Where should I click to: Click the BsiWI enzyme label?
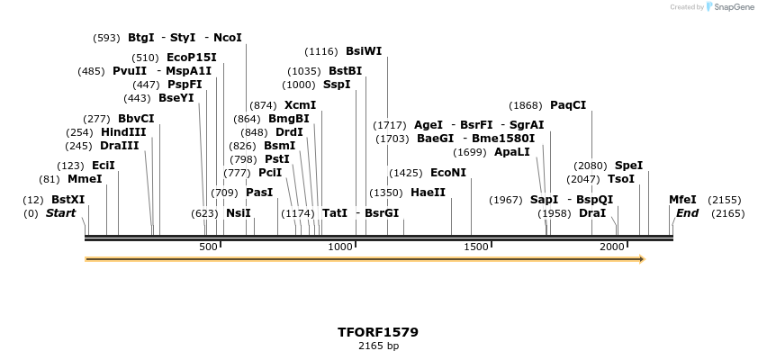pyautogui.click(x=364, y=51)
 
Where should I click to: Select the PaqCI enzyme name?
pyautogui.click(x=568, y=105)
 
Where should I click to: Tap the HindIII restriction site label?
pyautogui.click(x=123, y=132)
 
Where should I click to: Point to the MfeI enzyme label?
pyautogui.click(x=682, y=200)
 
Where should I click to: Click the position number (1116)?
pyautogui.click(x=321, y=51)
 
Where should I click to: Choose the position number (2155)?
pyautogui.click(x=725, y=200)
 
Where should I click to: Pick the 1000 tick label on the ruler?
pyautogui.click(x=340, y=247)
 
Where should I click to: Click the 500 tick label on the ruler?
pyautogui.click(x=208, y=247)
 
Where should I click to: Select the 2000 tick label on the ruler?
pyautogui.click(x=612, y=247)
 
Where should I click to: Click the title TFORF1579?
pyautogui.click(x=378, y=332)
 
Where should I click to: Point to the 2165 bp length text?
pyautogui.click(x=378, y=346)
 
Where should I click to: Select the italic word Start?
pyautogui.click(x=61, y=213)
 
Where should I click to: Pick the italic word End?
pyautogui.click(x=688, y=213)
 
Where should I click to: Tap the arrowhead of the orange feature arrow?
pyautogui.click(x=642, y=259)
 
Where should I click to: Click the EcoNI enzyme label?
pyautogui.click(x=448, y=173)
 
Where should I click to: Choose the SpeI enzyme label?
pyautogui.click(x=628, y=166)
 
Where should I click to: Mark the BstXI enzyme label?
pyautogui.click(x=68, y=200)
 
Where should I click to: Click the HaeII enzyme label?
pyautogui.click(x=428, y=193)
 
